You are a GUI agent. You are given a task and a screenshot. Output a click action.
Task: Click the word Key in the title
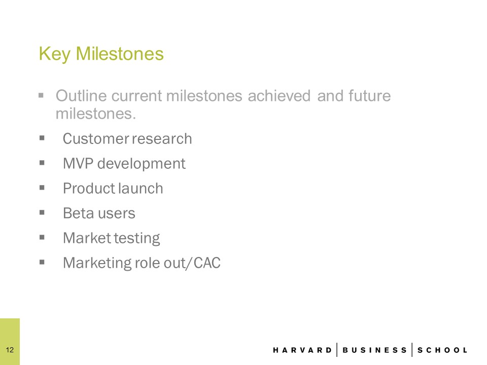pos(54,54)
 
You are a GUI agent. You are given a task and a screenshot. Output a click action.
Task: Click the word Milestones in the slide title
pos(120,53)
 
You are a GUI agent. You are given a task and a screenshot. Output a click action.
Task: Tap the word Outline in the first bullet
pos(82,96)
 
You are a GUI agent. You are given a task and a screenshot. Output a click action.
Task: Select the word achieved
pos(279,96)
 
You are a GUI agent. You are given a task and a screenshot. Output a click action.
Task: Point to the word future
pos(369,96)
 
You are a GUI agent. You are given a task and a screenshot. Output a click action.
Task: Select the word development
pos(142,164)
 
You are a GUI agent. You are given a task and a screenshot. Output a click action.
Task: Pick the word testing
pos(136,239)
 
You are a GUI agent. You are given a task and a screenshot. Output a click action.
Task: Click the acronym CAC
pos(207,263)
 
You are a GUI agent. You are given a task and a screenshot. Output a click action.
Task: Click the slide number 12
pos(10,350)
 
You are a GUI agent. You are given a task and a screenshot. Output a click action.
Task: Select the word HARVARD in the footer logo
pos(302,350)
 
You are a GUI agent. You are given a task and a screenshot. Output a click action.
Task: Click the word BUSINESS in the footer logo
pos(374,350)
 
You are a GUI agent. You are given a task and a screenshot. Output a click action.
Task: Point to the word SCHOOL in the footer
pos(442,350)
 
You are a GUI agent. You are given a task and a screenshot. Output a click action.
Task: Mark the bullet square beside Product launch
pos(42,188)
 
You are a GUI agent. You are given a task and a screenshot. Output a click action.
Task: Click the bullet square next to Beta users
pos(42,212)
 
